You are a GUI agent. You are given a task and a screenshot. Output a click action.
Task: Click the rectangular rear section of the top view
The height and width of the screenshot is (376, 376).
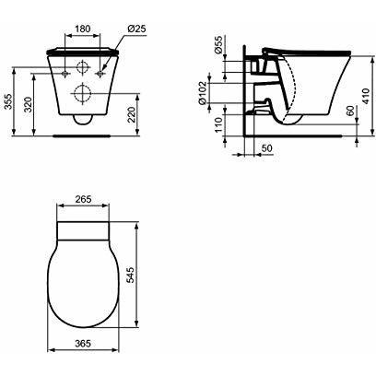pyautogui.click(x=84, y=229)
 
